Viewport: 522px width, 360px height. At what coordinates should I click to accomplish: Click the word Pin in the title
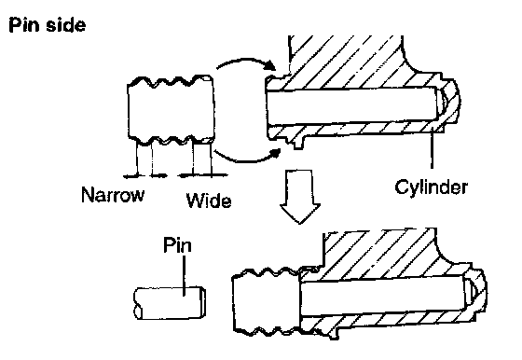tap(25, 25)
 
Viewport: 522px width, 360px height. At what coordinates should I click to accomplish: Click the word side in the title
tap(66, 25)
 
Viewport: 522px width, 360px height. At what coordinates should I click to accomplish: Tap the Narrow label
tap(113, 195)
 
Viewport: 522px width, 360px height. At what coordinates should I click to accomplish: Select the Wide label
tap(209, 201)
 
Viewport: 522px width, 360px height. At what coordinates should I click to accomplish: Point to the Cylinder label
tap(431, 187)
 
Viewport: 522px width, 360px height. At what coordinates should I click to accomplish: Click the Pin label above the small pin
tap(177, 245)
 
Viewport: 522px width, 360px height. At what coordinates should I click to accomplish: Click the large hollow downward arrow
tap(300, 197)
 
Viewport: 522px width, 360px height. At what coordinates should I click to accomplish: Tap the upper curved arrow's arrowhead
tap(269, 65)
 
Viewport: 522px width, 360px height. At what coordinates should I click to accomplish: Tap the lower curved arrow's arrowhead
tap(275, 154)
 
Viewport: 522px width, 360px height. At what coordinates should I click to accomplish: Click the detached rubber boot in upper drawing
tap(171, 111)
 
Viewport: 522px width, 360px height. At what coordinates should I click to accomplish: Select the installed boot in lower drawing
tap(267, 301)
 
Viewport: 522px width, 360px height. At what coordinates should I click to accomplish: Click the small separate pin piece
tap(170, 303)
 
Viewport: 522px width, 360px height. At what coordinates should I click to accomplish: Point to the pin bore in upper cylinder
tap(353, 106)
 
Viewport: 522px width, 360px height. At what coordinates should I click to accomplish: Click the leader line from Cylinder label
tap(432, 149)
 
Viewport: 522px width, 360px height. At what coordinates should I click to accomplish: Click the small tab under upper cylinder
tap(298, 142)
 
